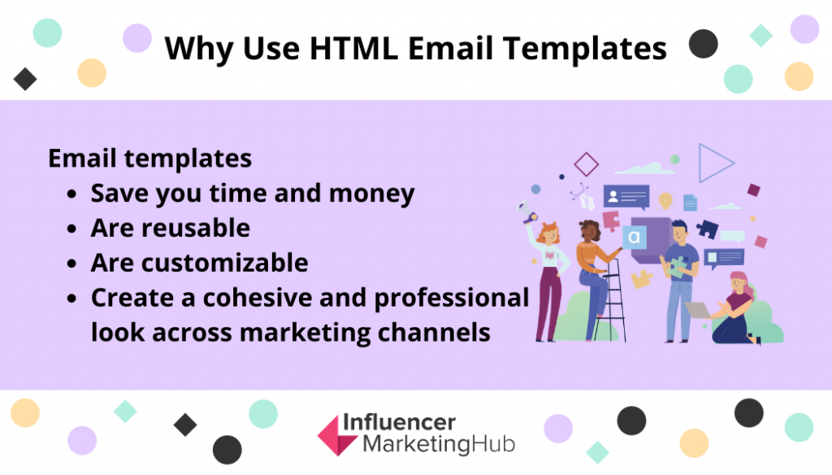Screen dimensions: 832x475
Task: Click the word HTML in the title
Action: (x=353, y=48)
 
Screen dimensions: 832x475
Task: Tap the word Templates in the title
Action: (x=585, y=50)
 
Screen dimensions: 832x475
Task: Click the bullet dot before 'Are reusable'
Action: (x=72, y=229)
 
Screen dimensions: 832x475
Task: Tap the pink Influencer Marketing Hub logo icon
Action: (x=337, y=435)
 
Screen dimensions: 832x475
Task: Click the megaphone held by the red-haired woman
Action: (x=526, y=211)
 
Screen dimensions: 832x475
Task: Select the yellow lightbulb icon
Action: (x=665, y=200)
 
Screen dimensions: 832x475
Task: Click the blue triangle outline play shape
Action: (x=716, y=163)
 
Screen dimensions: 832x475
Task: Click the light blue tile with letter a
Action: (x=634, y=237)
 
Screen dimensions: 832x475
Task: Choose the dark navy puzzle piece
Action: (x=708, y=229)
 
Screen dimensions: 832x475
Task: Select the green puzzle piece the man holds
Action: (x=677, y=267)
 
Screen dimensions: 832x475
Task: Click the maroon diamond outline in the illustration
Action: (x=587, y=164)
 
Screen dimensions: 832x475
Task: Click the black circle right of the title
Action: (x=703, y=44)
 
